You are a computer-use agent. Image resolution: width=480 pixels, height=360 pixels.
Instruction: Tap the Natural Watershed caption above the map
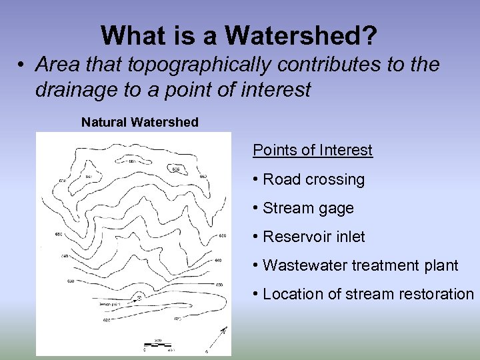click(139, 123)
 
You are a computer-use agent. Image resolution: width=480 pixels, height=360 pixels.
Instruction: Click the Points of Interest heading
click(312, 150)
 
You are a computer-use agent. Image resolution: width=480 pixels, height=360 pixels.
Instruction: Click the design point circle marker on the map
click(139, 295)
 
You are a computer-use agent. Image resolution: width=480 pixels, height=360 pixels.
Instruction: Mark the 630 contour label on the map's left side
click(70, 281)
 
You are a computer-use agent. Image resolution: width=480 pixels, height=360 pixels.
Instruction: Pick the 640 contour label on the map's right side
click(218, 261)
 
